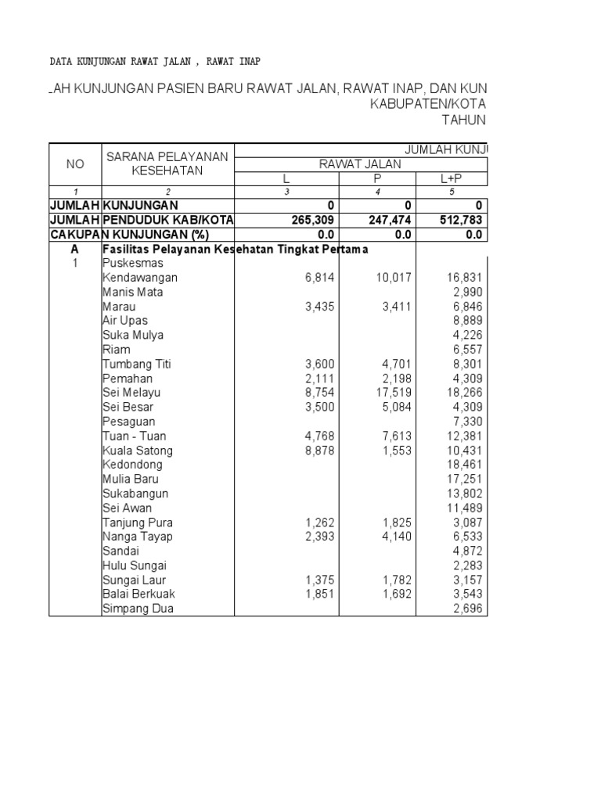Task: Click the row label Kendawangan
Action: pyautogui.click(x=140, y=278)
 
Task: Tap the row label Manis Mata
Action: pyautogui.click(x=132, y=292)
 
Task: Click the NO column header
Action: pyautogui.click(x=75, y=163)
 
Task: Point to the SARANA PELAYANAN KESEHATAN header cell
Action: pyautogui.click(x=167, y=163)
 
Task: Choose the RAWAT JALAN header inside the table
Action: pyautogui.click(x=359, y=163)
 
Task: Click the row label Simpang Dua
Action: pyautogui.click(x=138, y=609)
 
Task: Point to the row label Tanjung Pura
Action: pyautogui.click(x=138, y=523)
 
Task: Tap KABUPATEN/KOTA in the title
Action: pyautogui.click(x=430, y=103)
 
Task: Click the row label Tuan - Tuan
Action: pyautogui.click(x=135, y=436)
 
